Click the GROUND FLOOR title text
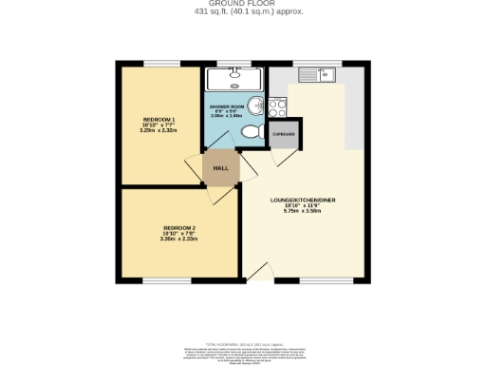click(x=242, y=4)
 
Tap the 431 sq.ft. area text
click(x=242, y=12)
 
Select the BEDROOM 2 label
click(x=179, y=228)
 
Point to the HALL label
click(x=220, y=168)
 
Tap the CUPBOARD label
click(x=284, y=135)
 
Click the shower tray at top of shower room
click(x=232, y=78)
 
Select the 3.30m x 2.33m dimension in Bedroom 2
click(x=179, y=240)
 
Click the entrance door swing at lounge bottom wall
click(x=257, y=271)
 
